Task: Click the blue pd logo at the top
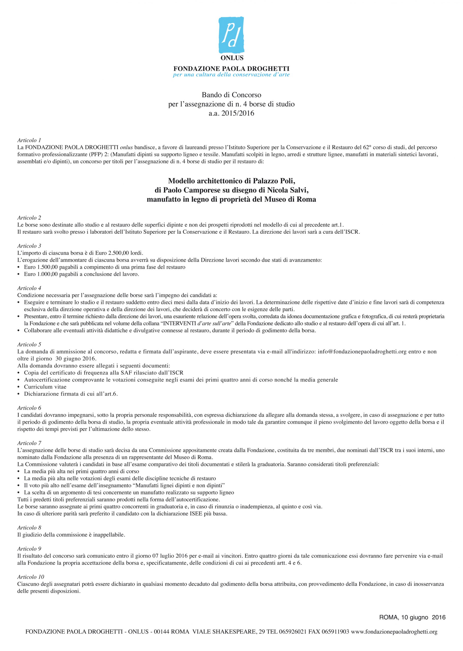(x=231, y=35)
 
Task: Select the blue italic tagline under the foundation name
(x=231, y=75)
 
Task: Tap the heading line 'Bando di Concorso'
(x=231, y=94)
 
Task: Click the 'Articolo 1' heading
(x=29, y=140)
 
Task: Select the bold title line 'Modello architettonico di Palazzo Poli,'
(x=231, y=181)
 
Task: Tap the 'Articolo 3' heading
(x=29, y=246)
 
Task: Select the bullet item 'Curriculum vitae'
(x=45, y=387)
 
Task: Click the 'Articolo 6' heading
(x=29, y=408)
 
